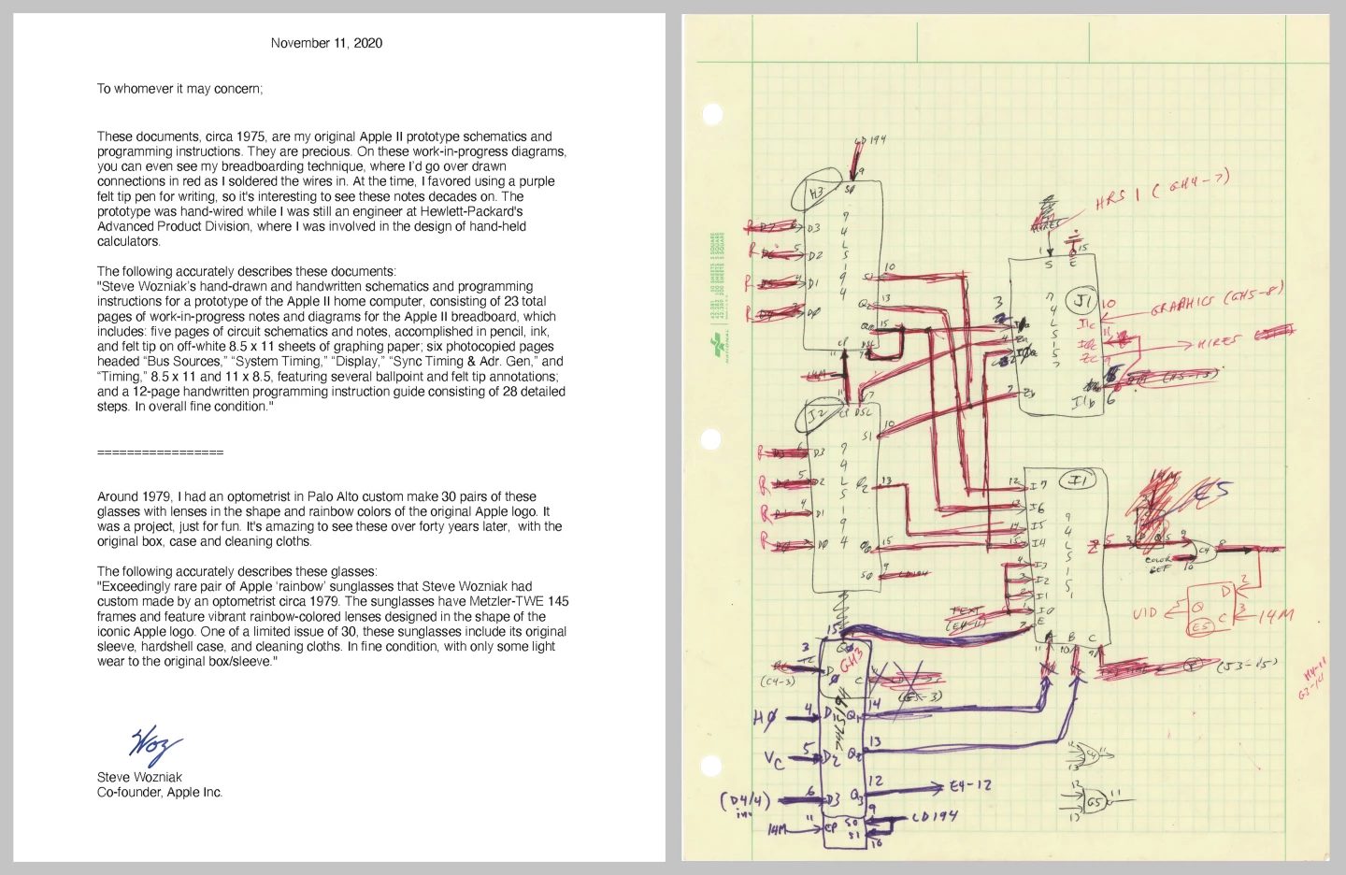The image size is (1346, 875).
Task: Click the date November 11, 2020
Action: pos(326,43)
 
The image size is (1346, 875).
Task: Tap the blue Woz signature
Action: pos(155,744)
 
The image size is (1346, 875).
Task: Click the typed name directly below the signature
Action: pos(139,777)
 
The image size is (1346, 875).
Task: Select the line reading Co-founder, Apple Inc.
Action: pos(160,792)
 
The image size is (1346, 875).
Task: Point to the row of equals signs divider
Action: pos(160,452)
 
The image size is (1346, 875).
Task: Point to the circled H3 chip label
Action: pos(815,194)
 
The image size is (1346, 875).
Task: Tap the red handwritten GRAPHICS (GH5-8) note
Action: pos(1215,301)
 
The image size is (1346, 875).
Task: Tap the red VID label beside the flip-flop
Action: pos(1145,614)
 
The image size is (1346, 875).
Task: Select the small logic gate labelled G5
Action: pos(1093,802)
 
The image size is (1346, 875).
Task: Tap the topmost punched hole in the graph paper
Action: pos(713,114)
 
